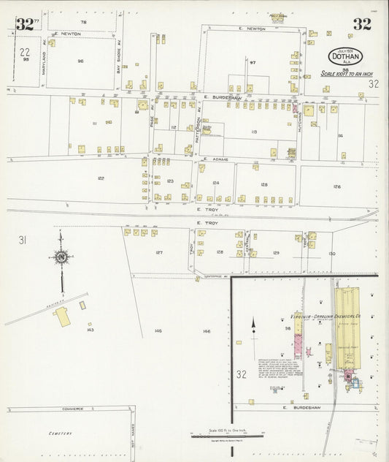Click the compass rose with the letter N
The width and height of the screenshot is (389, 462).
click(x=61, y=257)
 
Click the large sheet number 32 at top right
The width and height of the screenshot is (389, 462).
click(x=361, y=24)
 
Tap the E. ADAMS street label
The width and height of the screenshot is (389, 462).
click(x=216, y=158)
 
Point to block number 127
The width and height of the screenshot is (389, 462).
click(x=158, y=252)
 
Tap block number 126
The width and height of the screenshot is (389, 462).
click(x=336, y=186)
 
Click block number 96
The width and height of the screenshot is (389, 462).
click(x=80, y=61)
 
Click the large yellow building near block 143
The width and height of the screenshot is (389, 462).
click(x=62, y=317)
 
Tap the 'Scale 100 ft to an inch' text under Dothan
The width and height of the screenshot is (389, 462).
click(x=347, y=74)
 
